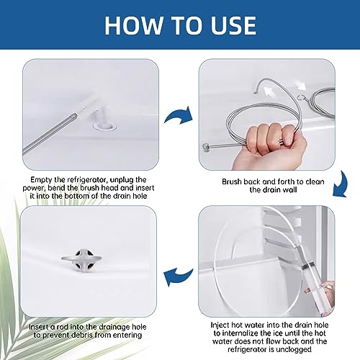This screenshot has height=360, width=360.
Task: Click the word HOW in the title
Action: coord(134,25)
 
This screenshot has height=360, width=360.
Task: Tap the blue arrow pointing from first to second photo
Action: coord(179,115)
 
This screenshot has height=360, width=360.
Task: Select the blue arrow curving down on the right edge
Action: coord(341,184)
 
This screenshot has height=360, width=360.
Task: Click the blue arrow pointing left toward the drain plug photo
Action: coord(178,276)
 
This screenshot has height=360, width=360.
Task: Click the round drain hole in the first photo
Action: coord(104,126)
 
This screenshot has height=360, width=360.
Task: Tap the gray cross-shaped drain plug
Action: coord(81,259)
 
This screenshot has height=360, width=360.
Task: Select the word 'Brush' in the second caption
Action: coord(232,181)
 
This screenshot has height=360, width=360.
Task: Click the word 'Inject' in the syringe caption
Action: coord(220,325)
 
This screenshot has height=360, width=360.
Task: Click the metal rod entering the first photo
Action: coord(50,135)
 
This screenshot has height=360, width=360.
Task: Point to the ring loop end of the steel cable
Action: coord(300,97)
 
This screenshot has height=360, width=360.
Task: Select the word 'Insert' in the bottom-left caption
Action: coord(39,327)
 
